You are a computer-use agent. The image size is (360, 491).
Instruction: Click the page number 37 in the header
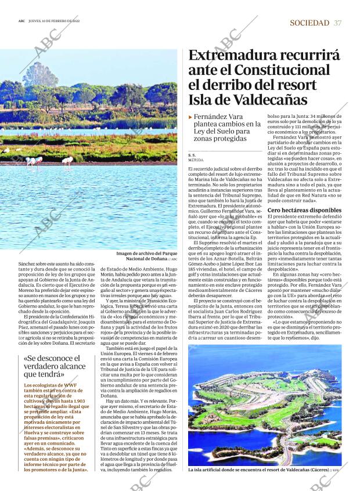[338, 23]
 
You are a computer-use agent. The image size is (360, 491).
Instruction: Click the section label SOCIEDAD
[309, 23]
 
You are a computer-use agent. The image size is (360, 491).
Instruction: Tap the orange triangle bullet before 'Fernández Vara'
[190, 117]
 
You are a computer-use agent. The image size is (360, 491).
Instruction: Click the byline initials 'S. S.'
[192, 154]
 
